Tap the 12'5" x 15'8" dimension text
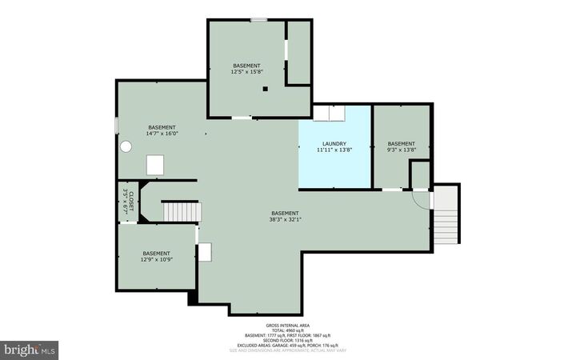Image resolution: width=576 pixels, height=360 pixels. point(246,71)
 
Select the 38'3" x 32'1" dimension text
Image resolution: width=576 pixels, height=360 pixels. point(286,218)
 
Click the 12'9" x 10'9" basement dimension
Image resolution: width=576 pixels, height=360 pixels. point(156,259)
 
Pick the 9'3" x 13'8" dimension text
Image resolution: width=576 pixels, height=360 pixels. point(402,150)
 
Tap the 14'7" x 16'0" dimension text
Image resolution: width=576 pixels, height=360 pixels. point(162,134)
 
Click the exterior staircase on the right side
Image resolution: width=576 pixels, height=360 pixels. point(446,214)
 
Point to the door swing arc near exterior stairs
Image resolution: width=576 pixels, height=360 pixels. point(419,198)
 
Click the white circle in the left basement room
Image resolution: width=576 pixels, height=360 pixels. point(126,147)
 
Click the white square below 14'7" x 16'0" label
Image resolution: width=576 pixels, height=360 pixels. point(156,164)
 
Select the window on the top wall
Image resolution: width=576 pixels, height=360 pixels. point(258,19)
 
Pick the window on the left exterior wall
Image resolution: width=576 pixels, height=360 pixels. point(117,126)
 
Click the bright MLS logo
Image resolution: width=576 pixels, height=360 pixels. point(30,349)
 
